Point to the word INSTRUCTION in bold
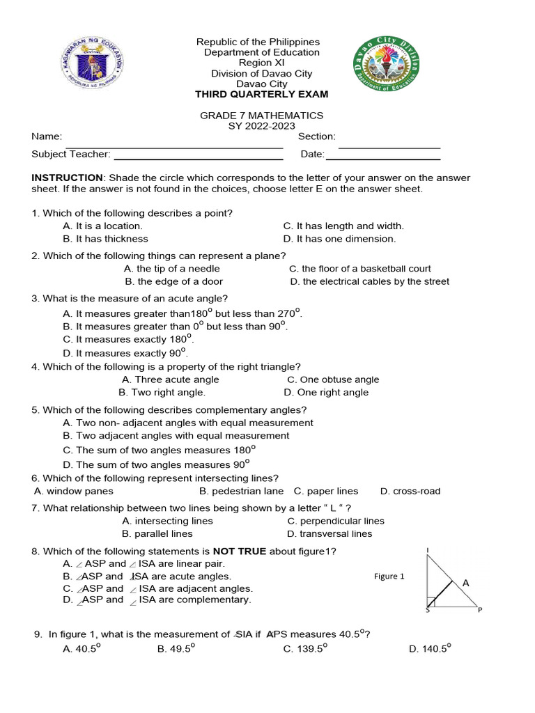point(67,178)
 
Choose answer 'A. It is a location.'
point(102,226)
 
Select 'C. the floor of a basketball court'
point(359,269)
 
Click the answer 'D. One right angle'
point(326,393)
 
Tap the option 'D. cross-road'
point(410,492)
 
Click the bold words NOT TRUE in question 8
point(240,551)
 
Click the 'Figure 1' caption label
point(389,577)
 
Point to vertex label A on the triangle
point(466,583)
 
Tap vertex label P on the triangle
point(479,611)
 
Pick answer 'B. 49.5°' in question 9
point(176,649)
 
